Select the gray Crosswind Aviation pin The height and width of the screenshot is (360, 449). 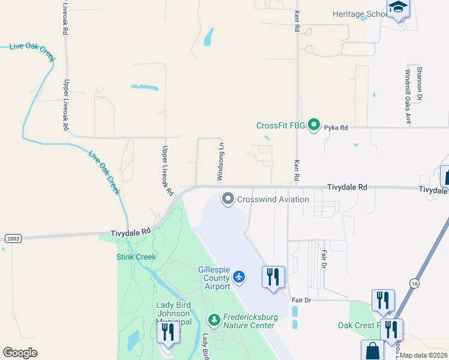228,199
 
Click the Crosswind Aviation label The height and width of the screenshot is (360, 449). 273,199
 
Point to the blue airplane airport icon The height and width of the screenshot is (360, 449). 240,277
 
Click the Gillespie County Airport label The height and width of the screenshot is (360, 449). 214,278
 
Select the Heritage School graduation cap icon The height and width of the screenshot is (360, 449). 398,8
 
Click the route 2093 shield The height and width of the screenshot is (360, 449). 13,238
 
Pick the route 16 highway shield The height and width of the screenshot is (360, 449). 414,283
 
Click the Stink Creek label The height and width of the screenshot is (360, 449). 136,257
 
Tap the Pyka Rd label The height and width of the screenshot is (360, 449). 336,128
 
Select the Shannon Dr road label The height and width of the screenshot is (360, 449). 420,83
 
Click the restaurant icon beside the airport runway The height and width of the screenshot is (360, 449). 273,277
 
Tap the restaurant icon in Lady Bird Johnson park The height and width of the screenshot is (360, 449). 168,331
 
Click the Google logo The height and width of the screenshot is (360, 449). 20,353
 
